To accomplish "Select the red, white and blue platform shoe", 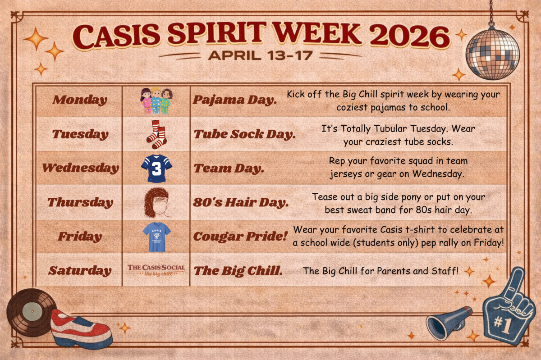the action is point(81,328).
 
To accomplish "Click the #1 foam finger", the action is point(507,307).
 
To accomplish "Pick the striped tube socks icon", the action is point(156,134).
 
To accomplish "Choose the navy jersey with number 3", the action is point(156,169).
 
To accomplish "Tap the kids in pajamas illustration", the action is point(156,100).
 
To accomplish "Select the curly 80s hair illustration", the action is point(157,203).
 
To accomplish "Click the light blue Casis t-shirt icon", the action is point(156,237).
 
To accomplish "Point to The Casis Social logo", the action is point(156,270).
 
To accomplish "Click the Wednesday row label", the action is point(80,168).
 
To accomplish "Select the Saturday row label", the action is point(80,271).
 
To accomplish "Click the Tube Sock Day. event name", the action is point(245,134).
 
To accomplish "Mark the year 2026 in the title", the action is point(410,36).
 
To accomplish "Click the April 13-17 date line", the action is point(261,55).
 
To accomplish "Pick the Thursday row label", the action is point(80,202).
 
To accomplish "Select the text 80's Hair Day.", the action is point(241,202).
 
